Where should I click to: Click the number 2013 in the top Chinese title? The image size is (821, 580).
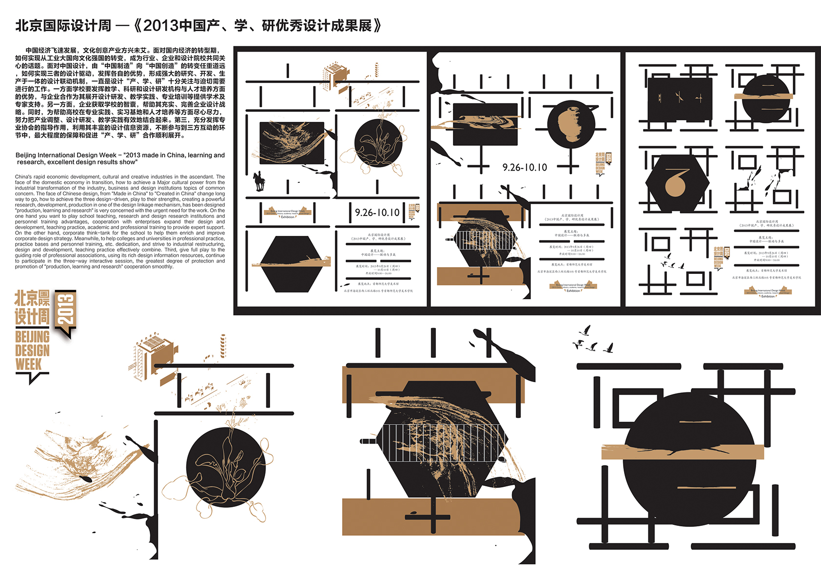[161, 26]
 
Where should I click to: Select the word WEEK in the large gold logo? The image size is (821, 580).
[29, 364]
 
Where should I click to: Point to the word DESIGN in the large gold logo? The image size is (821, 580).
[32, 350]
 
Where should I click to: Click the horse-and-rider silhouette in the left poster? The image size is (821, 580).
[258, 181]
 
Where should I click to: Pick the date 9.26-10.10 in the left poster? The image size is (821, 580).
[377, 213]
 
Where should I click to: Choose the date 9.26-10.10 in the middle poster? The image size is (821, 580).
[525, 167]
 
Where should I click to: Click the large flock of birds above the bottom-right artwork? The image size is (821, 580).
[592, 340]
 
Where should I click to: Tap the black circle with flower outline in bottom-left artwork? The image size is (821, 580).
[225, 468]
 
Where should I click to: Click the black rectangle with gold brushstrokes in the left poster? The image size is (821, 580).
[292, 142]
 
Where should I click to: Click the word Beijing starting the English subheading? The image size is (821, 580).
[26, 155]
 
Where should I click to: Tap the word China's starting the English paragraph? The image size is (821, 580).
[23, 177]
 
